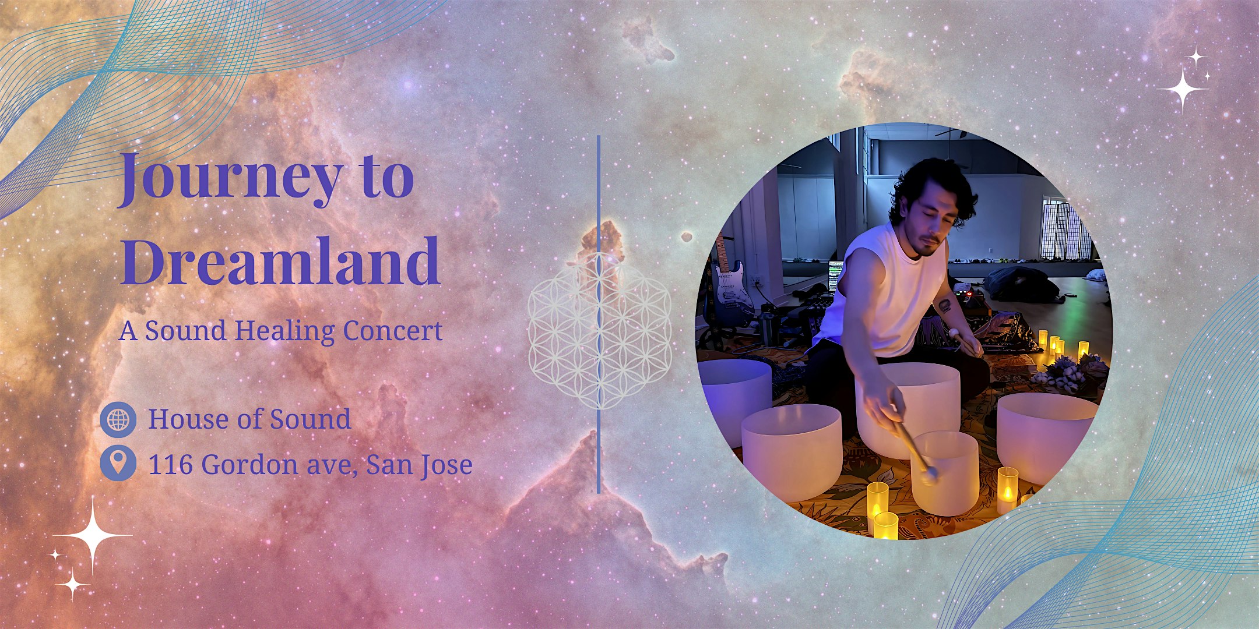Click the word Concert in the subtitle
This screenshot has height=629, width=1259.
pos(392,331)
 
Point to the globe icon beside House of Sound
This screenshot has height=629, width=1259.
pos(118,419)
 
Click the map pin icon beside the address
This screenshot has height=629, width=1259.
pos(118,464)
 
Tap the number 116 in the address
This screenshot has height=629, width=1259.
pos(171,464)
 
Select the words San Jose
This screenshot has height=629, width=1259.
pos(419,464)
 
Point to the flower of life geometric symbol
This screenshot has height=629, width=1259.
pos(599,332)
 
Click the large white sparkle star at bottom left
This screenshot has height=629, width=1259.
pos(92,535)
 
